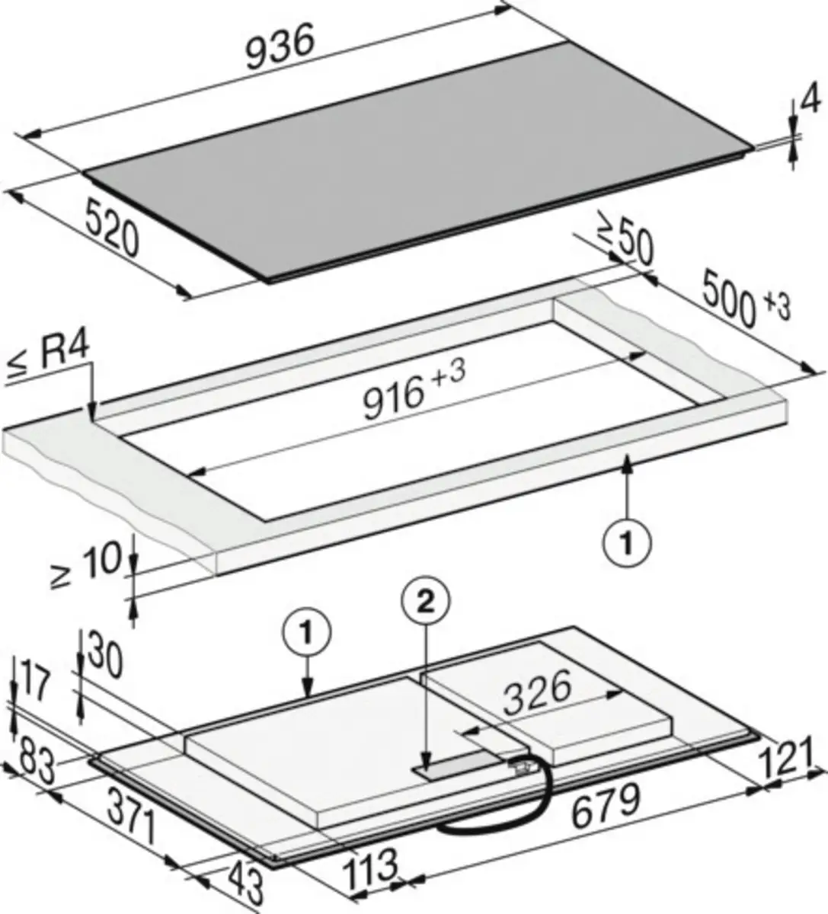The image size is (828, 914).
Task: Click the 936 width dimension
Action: pos(280,46)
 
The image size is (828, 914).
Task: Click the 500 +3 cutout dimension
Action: pos(746,299)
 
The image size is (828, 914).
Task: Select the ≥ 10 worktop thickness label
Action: pos(85,565)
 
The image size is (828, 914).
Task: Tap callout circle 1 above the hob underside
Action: pos(307,634)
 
